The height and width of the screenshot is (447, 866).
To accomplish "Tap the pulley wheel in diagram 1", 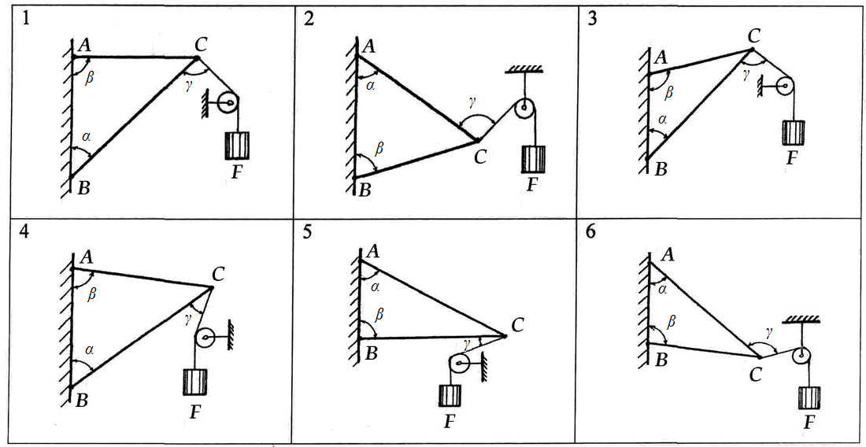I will [228, 103].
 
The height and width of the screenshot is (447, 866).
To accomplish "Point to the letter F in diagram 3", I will [792, 157].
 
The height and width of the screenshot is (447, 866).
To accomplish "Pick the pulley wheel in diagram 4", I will [205, 339].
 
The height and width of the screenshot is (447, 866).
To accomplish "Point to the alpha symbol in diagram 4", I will [89, 349].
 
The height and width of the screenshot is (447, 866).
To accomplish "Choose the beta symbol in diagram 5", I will [379, 314].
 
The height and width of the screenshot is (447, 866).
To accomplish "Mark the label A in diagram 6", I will [668, 253].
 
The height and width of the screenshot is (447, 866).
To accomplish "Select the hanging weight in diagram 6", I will [809, 397].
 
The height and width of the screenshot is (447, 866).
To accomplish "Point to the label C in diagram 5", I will [517, 323].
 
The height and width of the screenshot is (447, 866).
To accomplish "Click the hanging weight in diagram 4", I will [194, 382].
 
